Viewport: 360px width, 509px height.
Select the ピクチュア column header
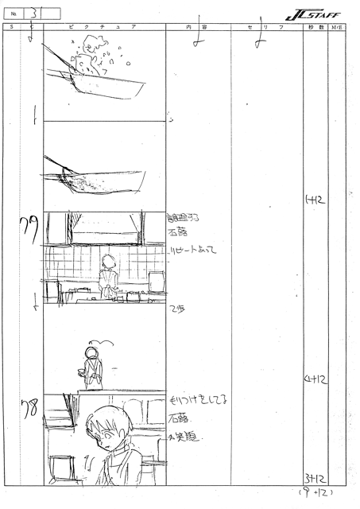[x=104, y=27]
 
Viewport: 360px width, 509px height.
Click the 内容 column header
[x=196, y=27]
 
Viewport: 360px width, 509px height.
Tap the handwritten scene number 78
[x=27, y=411]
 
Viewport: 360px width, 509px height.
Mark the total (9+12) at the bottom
[x=318, y=493]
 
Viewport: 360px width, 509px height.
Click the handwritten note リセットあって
[x=196, y=249]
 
